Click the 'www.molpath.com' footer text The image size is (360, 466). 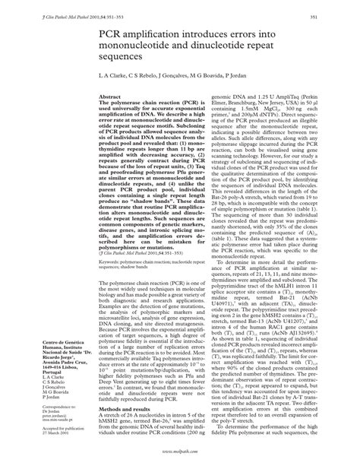(180, 452)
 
